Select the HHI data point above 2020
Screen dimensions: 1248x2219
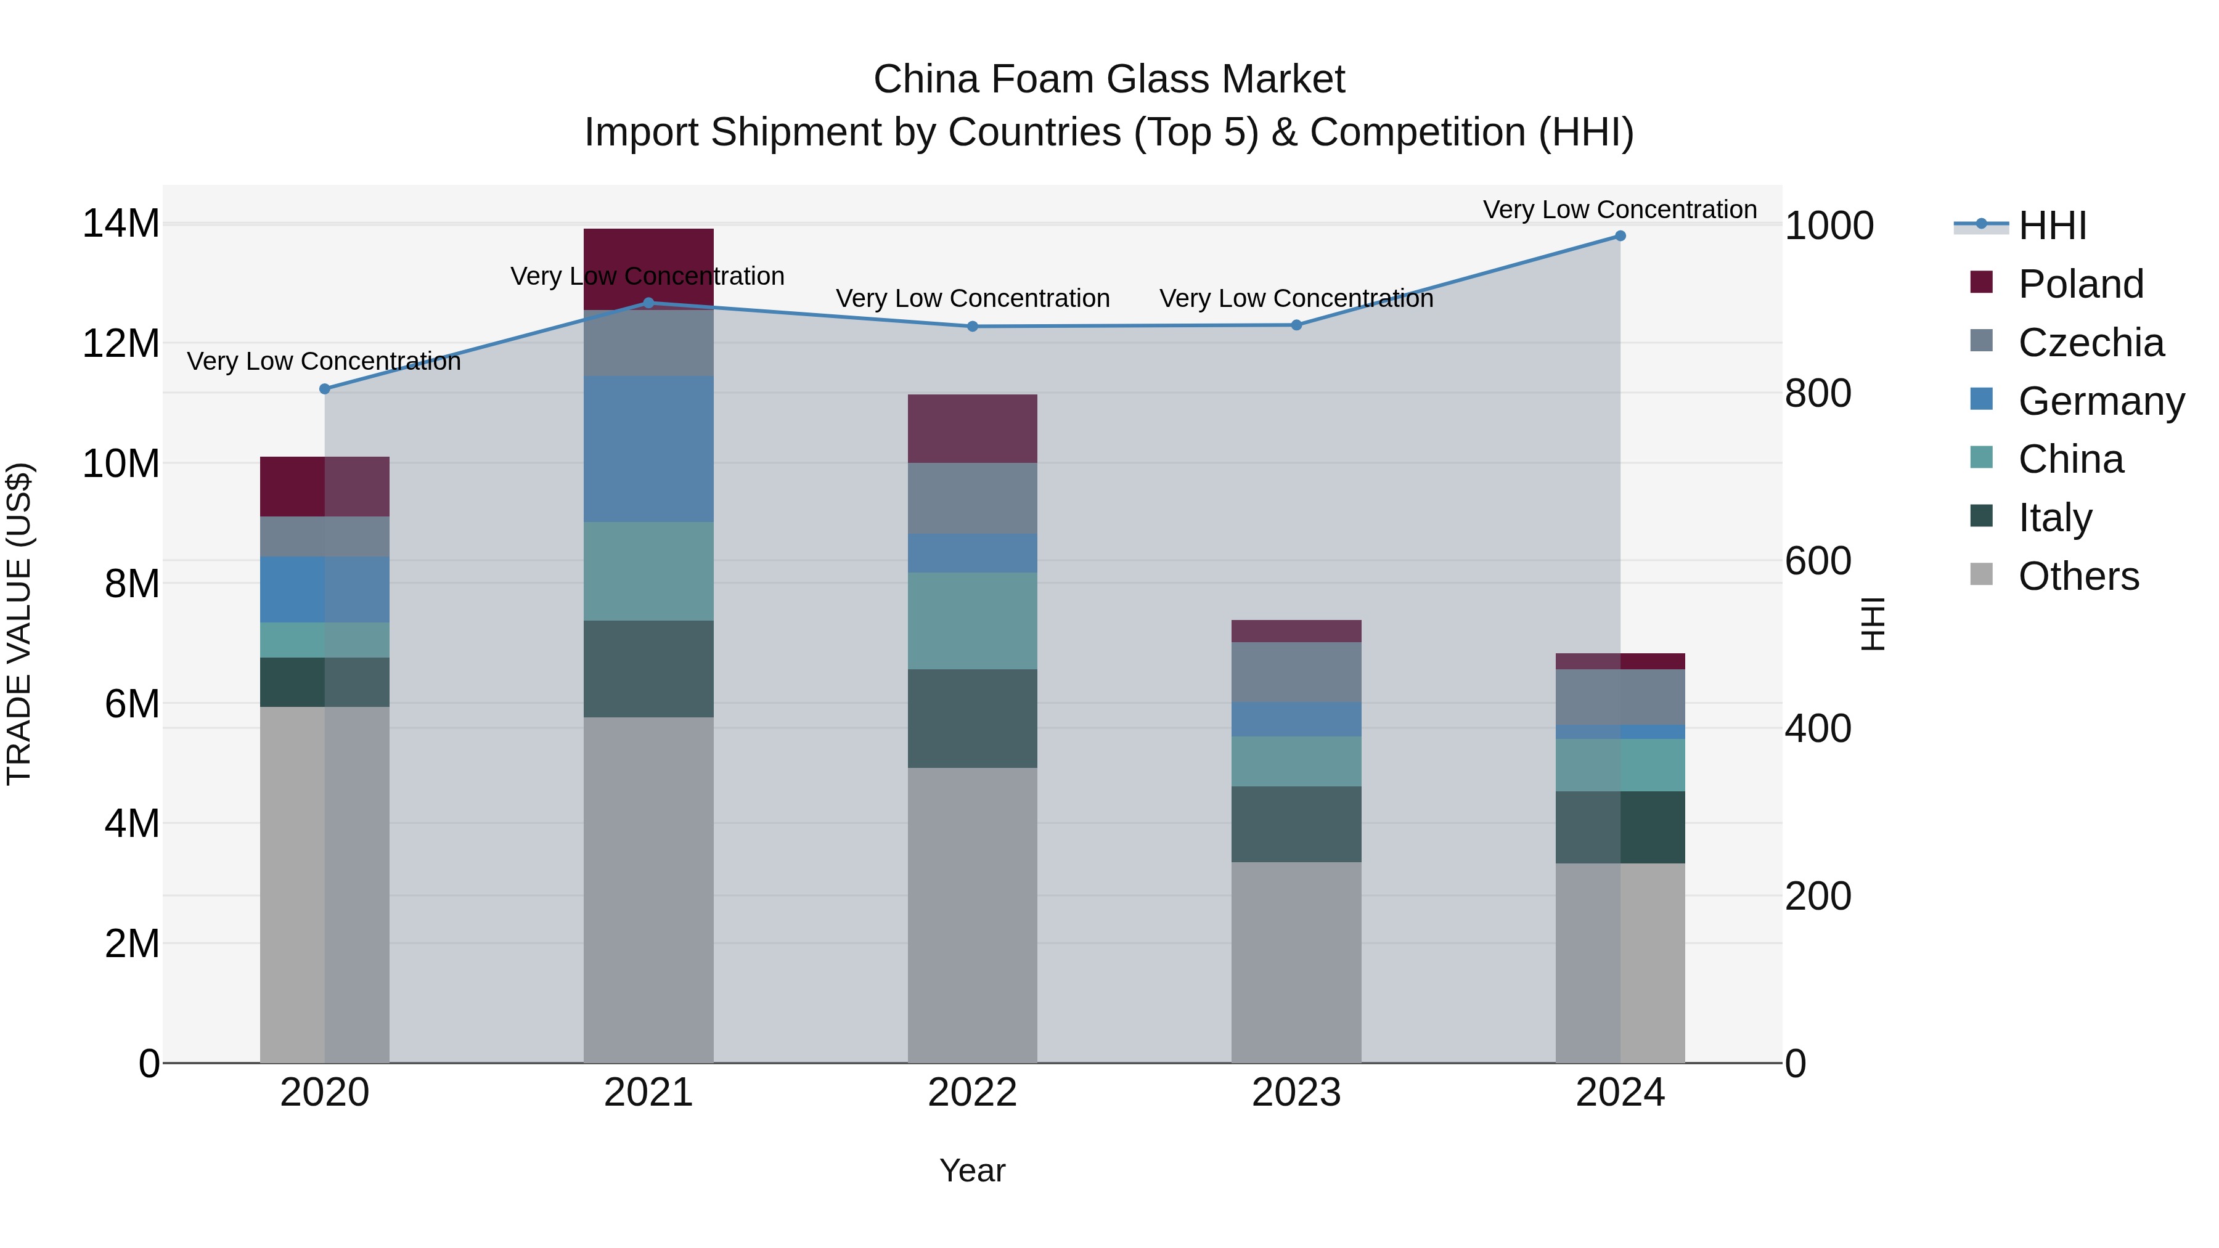point(325,389)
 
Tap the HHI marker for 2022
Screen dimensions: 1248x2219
point(973,327)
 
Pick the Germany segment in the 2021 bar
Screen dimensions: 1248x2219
point(648,449)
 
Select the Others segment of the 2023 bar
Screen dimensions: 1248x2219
point(1296,962)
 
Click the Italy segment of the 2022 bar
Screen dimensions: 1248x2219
point(973,719)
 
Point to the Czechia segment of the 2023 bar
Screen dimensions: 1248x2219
point(1296,672)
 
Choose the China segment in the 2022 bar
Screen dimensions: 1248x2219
point(973,621)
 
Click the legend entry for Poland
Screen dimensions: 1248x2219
point(2080,284)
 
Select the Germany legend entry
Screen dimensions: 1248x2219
point(2100,401)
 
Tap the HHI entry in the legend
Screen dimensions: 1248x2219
point(2052,226)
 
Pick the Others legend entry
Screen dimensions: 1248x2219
point(2078,576)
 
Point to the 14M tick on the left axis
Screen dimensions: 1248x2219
point(121,224)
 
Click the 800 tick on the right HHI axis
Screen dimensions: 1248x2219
point(1818,394)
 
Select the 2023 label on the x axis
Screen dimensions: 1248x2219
point(1296,1093)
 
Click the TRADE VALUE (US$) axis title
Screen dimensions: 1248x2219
point(19,624)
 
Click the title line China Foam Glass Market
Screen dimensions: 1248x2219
point(1109,80)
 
